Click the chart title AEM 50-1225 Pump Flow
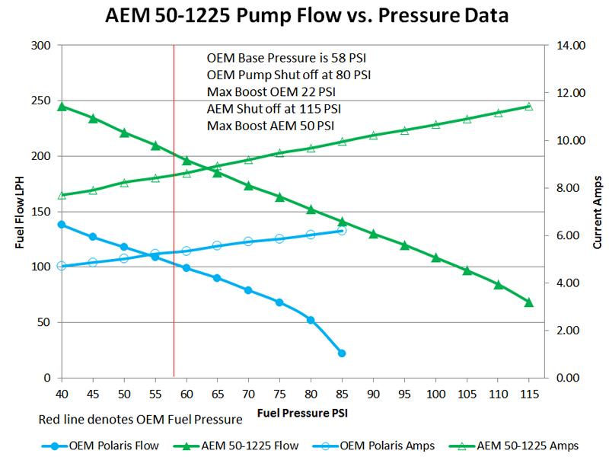pos(304,15)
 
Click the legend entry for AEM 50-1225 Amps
pos(525,445)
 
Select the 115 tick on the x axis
pos(529,393)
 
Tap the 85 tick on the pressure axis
pos(342,393)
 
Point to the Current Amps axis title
pos(597,212)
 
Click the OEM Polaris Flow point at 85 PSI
pos(342,353)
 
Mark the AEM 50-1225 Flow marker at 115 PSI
pos(529,302)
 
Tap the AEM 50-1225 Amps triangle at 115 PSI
pos(529,106)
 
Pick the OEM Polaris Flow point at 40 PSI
pos(62,225)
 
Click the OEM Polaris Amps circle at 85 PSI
pos(342,230)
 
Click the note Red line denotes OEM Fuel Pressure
pos(139,420)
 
